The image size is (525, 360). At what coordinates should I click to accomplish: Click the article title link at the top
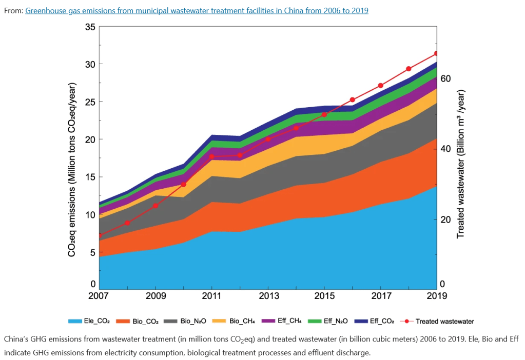pos(197,10)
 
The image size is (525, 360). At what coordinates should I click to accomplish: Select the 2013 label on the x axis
pos(267,296)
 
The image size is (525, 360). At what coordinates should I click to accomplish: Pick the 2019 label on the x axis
pos(436,296)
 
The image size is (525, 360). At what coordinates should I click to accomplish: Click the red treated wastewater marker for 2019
pos(436,53)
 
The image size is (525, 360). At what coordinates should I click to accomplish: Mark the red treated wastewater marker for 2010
pos(184,184)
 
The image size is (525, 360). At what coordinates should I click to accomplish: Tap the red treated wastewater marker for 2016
pos(352,100)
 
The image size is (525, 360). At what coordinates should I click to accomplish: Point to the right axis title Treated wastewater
pos(460,164)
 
